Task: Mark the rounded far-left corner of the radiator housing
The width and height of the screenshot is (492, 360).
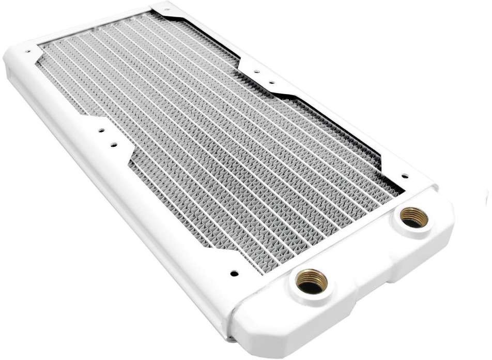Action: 13,57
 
